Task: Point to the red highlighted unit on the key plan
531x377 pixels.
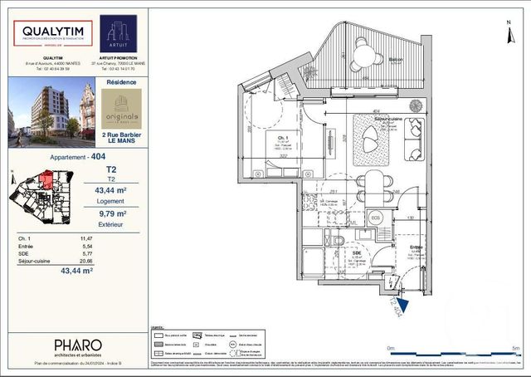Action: (47, 179)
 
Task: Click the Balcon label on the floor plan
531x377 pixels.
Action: (396, 60)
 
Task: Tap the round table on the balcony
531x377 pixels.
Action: (362, 56)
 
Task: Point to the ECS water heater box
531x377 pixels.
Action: (375, 218)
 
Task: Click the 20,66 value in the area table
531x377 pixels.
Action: (84, 260)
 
